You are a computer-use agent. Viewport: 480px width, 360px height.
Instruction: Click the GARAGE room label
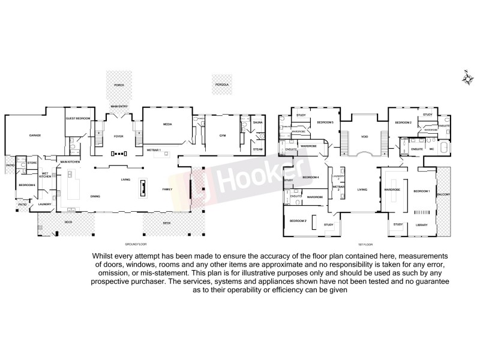coord(35,136)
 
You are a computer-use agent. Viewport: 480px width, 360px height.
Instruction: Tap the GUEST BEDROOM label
coord(77,119)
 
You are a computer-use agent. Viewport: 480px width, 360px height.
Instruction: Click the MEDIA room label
coord(167,124)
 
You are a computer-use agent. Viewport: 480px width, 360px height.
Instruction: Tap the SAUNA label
coord(257,122)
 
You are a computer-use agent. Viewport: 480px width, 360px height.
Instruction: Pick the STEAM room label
coord(257,149)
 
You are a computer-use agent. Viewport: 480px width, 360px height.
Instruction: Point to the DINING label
coord(95,196)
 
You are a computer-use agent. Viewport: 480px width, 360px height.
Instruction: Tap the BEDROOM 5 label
coord(325,122)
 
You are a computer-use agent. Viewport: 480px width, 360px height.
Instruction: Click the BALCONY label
coord(444,196)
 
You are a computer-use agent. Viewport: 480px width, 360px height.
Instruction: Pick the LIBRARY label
coord(421,225)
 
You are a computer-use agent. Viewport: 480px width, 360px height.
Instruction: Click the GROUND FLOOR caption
coord(136,245)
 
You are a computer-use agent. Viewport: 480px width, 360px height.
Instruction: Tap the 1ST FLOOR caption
coord(361,245)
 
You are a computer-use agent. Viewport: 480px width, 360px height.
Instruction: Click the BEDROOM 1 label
coord(421,191)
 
